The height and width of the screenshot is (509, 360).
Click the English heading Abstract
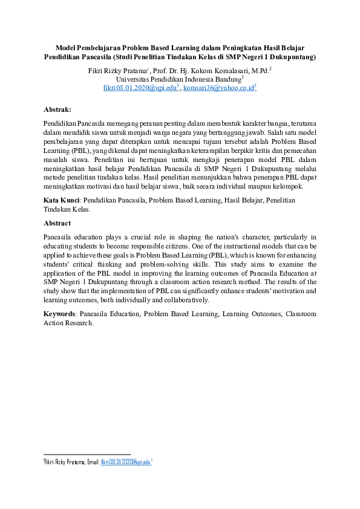coord(57,222)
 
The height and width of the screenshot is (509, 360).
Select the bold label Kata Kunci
coord(62,199)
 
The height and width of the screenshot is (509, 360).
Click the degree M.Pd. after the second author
coord(260,70)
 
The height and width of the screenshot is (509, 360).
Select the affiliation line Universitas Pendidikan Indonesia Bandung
coord(178,79)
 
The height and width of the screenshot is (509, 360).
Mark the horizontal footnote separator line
coord(87,453)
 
